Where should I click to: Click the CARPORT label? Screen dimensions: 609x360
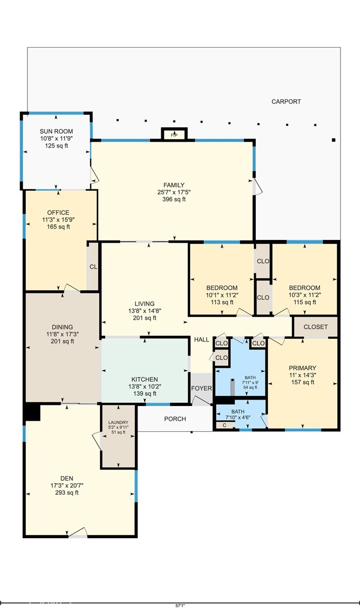tap(286, 101)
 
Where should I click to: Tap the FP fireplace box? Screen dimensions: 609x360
tap(174, 135)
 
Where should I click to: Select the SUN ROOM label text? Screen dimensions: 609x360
tap(56, 132)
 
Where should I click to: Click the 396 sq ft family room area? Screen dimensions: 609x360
tap(173, 199)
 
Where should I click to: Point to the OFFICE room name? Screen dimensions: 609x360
tap(58, 213)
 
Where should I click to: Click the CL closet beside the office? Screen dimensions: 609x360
tap(93, 267)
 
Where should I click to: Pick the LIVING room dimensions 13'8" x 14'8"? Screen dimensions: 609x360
tap(144, 311)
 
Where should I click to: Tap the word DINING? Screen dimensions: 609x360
tap(62, 327)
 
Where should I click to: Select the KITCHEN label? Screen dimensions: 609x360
tap(144, 379)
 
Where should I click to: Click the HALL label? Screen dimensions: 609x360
tap(201, 339)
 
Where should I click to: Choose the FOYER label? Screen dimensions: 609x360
tap(201, 389)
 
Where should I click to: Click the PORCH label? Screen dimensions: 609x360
tap(175, 419)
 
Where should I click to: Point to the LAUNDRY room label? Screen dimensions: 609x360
tap(118, 422)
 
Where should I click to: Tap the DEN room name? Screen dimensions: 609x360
tap(66, 478)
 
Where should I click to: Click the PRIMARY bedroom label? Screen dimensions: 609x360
tap(302, 368)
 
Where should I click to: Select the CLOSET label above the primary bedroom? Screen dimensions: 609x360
tap(315, 327)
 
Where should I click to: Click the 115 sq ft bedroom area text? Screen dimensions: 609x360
tap(302, 302)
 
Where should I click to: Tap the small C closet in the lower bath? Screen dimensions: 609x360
tap(225, 425)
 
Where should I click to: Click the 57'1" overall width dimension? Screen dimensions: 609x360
tap(180, 605)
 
